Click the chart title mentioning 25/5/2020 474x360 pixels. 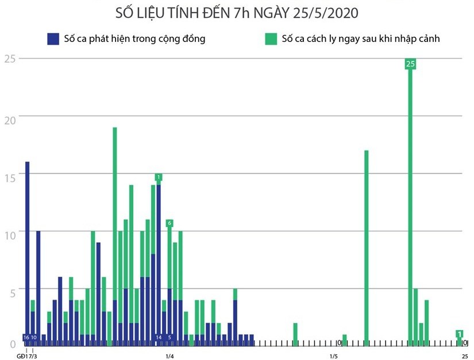(x=236, y=13)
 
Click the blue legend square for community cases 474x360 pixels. (x=53, y=39)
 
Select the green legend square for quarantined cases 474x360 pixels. (x=270, y=39)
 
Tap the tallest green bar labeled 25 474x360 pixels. (x=410, y=207)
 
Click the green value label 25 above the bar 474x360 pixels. (x=410, y=64)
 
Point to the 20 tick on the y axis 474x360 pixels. (x=9, y=117)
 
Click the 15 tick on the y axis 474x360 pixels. (x=9, y=174)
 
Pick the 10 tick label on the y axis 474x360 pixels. (x=9, y=231)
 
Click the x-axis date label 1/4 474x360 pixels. (x=170, y=356)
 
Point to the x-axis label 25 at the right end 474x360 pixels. (x=464, y=356)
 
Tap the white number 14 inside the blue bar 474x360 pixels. (x=159, y=338)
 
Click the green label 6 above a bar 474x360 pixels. (x=169, y=223)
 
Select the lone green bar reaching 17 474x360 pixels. (x=367, y=247)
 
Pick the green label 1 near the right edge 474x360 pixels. (x=460, y=334)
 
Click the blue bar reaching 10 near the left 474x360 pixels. (x=38, y=287)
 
